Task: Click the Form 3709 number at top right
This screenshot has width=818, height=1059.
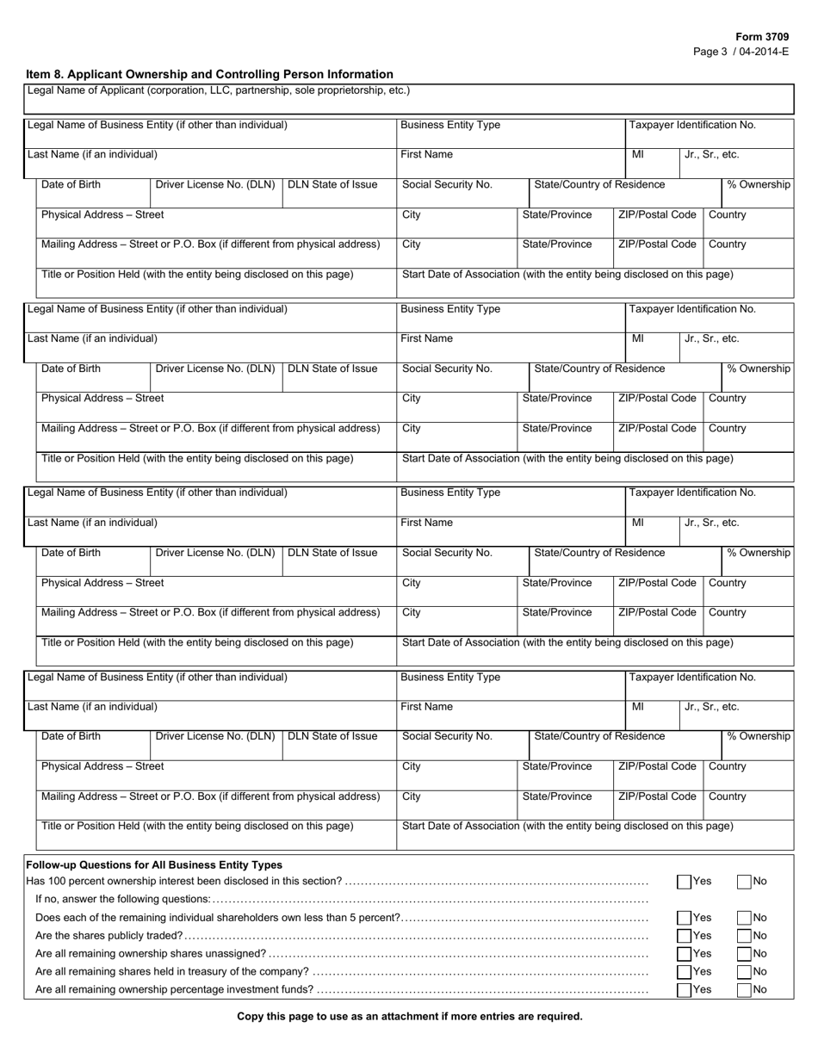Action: tap(761, 37)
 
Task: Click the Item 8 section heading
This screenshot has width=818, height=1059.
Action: tap(209, 74)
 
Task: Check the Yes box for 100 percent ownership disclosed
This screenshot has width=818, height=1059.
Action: tap(684, 882)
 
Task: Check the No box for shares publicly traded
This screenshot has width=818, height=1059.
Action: tap(745, 936)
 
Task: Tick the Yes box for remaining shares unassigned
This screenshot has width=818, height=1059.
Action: tap(684, 954)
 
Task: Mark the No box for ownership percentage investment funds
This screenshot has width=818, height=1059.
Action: tap(745, 990)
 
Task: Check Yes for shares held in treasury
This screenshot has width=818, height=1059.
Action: tap(684, 972)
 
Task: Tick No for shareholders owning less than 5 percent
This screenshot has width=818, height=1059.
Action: tap(745, 918)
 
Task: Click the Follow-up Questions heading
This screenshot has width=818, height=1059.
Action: tap(154, 864)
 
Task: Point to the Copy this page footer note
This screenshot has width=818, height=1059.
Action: tap(409, 1016)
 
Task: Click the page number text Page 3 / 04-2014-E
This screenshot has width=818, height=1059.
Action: tap(741, 52)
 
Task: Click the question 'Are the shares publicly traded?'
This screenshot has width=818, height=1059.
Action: tap(108, 936)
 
